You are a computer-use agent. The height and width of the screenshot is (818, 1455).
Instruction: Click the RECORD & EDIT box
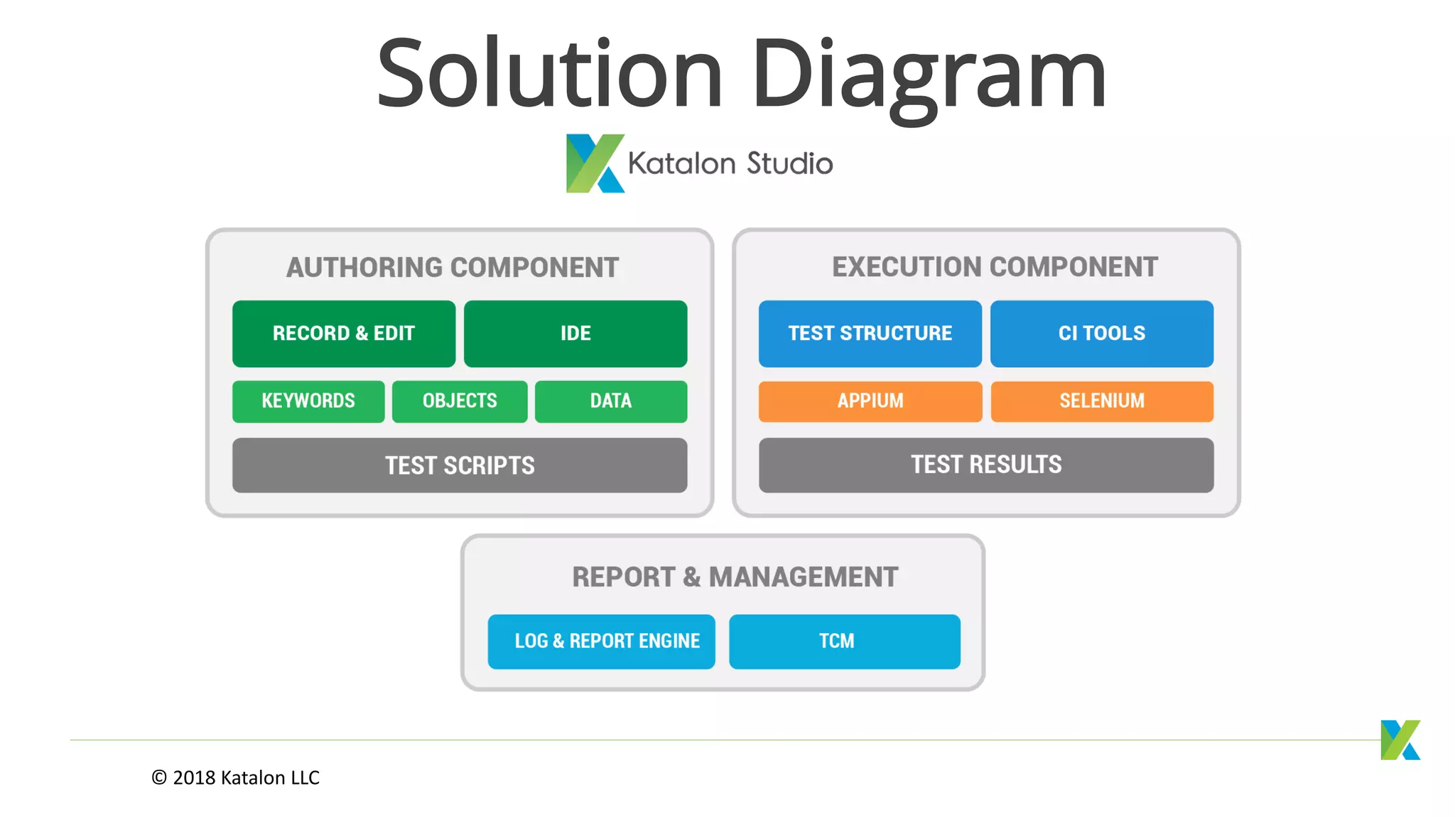344,334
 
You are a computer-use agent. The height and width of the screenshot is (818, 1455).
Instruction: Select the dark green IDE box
575,334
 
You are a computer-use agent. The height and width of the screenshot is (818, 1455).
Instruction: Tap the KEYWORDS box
308,401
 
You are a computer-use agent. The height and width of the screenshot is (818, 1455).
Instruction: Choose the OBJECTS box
460,401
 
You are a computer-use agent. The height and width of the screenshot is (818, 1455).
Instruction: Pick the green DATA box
611,401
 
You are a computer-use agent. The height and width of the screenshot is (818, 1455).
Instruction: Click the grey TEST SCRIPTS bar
460,465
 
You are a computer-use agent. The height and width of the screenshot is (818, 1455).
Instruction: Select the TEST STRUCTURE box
870,334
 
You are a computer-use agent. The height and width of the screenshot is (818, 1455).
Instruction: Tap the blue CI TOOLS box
1102,334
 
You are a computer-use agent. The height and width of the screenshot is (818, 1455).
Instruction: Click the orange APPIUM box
870,401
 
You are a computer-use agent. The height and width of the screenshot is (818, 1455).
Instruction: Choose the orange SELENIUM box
1102,401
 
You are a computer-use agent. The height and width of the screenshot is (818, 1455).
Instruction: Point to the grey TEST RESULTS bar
986,465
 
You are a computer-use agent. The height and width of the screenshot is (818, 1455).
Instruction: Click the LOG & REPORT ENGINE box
602,641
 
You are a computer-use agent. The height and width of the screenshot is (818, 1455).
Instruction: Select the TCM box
845,641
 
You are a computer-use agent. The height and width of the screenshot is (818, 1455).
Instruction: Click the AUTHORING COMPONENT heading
453,268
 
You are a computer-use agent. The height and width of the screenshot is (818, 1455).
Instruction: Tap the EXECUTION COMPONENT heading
995,267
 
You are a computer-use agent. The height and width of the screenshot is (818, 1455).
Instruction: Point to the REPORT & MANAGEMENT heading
735,577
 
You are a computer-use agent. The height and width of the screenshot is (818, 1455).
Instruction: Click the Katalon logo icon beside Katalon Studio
595,163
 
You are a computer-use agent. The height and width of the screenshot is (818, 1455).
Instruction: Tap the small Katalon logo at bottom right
1400,740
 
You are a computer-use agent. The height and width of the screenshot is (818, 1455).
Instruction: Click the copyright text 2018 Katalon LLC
236,778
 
